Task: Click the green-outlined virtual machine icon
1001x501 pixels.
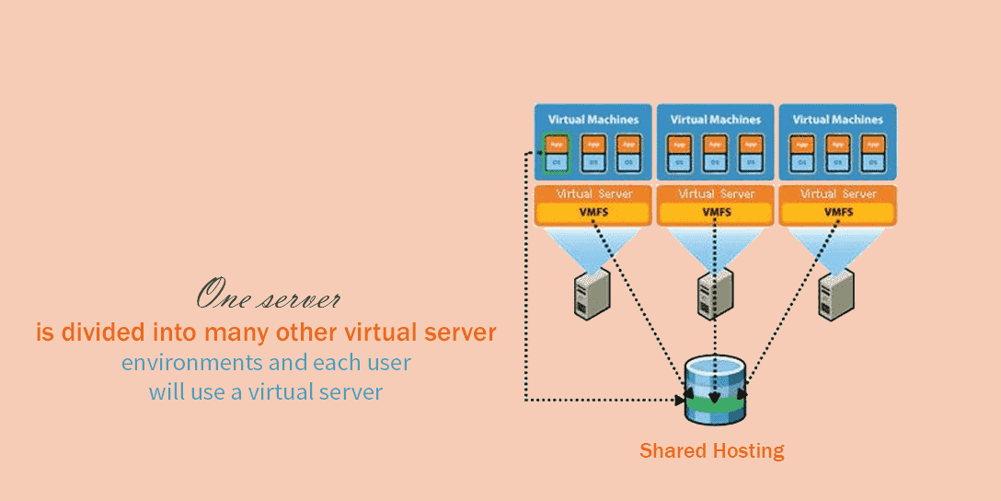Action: point(556,153)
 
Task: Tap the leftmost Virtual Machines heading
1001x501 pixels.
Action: point(593,119)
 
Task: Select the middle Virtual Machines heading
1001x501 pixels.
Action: point(715,119)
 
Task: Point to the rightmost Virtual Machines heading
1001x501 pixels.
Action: point(837,119)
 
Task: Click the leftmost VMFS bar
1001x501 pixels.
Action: point(593,213)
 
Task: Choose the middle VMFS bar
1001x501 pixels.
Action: point(716,213)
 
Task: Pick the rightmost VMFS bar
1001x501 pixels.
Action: point(837,213)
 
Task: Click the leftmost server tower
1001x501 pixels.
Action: point(593,293)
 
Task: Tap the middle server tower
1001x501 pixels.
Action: point(715,293)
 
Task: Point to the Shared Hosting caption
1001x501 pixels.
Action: point(711,450)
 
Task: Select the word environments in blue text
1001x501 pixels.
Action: point(196,362)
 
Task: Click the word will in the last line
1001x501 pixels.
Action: point(167,391)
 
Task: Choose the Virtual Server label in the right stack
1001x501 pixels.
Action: point(838,194)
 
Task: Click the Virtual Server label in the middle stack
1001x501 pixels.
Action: point(716,194)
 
